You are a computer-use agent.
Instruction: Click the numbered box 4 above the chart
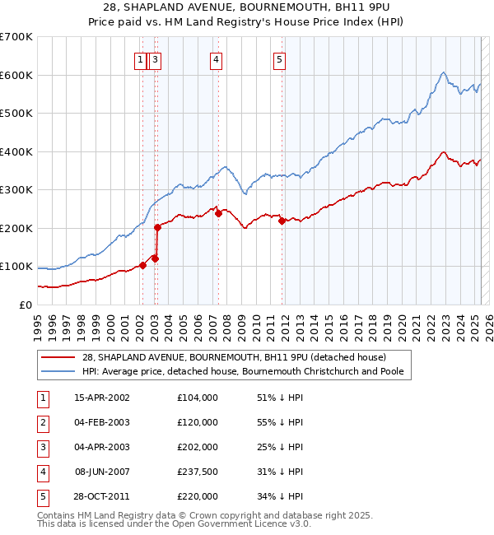tap(215, 58)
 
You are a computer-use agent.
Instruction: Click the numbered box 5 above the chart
tap(280, 58)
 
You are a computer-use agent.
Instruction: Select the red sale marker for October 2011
tap(282, 221)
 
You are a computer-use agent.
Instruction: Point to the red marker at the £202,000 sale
tap(156, 228)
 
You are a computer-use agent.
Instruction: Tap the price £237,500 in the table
tap(198, 472)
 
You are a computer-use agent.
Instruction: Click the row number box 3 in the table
tap(42, 447)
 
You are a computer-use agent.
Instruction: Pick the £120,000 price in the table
tap(198, 422)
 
